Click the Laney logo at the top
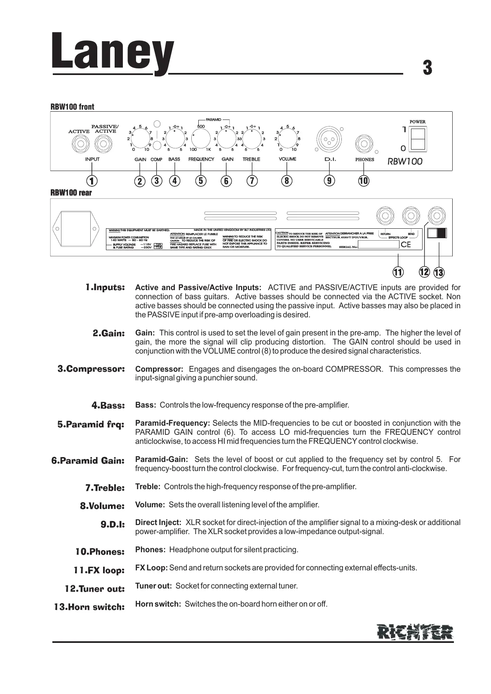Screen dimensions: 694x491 click(112, 54)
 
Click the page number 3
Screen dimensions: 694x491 click(428, 68)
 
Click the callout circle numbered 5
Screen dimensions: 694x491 click(201, 181)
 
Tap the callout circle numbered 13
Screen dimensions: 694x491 click(439, 272)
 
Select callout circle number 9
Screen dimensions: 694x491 click(329, 181)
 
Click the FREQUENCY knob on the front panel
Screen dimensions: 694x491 click(201, 138)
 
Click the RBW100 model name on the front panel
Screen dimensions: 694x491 click(405, 162)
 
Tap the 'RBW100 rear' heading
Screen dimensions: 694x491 click(71, 193)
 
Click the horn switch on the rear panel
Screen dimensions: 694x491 click(437, 233)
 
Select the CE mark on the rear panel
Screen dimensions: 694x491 click(406, 245)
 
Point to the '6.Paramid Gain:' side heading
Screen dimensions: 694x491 click(88, 461)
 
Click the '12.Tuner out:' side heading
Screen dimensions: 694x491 click(94, 589)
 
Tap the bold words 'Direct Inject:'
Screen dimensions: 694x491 click(158, 523)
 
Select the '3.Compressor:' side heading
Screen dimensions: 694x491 click(91, 369)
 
